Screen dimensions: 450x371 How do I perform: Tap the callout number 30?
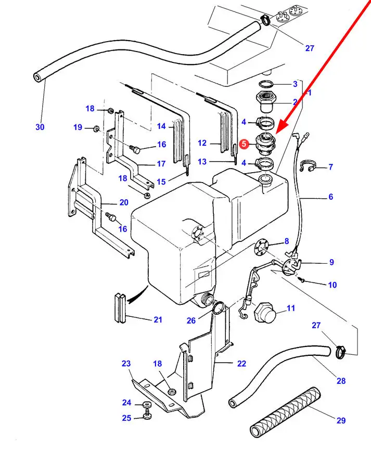click(x=40, y=127)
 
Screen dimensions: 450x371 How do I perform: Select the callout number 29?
click(x=341, y=420)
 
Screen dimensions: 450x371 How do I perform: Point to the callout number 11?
click(x=290, y=308)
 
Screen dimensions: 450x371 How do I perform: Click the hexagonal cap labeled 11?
click(x=264, y=313)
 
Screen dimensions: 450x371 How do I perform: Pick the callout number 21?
click(x=158, y=319)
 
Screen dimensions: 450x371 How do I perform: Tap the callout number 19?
click(x=78, y=127)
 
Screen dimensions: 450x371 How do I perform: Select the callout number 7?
click(x=330, y=168)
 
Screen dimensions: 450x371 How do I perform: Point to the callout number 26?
click(x=191, y=320)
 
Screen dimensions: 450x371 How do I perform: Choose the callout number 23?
click(x=126, y=364)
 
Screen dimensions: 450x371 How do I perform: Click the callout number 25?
click(x=126, y=418)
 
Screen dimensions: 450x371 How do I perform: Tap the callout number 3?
click(x=295, y=84)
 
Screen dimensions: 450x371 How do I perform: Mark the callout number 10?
click(x=332, y=285)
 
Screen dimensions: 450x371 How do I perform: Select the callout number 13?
click(x=202, y=162)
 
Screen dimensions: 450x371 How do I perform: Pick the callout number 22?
click(x=241, y=364)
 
